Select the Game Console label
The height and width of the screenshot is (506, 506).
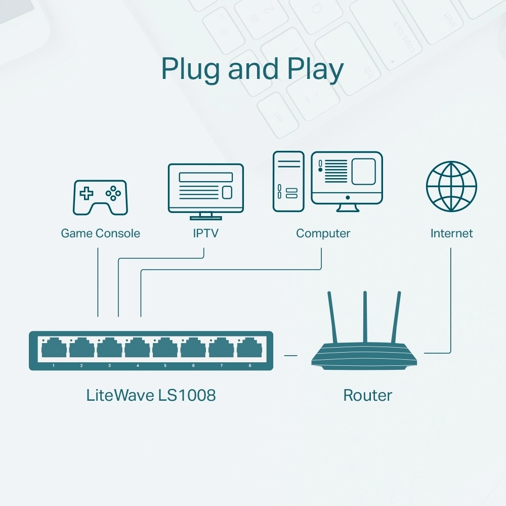coord(100,233)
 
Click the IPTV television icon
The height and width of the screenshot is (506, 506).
coord(205,188)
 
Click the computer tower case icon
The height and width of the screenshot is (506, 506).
coord(288,181)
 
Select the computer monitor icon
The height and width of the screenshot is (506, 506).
coord(347,177)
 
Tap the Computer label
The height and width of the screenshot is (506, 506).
coord(323,233)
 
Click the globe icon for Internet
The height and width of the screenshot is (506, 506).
coord(451,186)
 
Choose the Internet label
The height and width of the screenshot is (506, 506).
coord(451,233)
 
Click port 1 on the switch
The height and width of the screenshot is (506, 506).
coord(54,349)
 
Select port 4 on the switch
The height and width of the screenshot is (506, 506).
coord(138,349)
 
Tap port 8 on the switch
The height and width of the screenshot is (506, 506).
coord(249,349)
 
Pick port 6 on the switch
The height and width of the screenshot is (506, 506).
coord(193,349)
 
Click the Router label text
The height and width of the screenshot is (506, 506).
coord(367,395)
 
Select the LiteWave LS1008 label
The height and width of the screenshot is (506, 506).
coord(151,395)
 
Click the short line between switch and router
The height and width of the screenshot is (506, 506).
coord(290,355)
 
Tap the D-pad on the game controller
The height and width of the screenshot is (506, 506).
coord(88,193)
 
